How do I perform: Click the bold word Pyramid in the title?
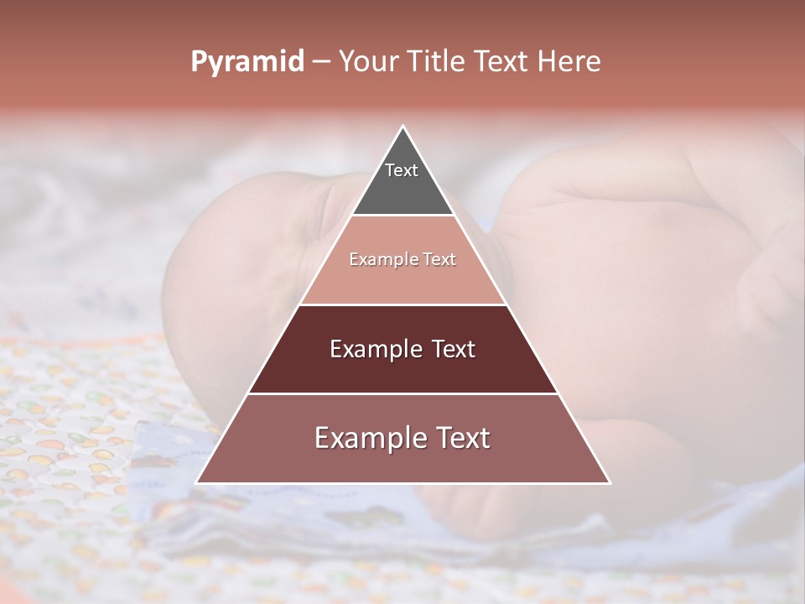(x=247, y=62)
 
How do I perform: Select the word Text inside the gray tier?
(x=402, y=170)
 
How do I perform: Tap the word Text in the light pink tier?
(x=439, y=260)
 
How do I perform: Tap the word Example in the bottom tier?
(x=366, y=439)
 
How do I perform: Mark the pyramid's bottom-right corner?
(x=609, y=482)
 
